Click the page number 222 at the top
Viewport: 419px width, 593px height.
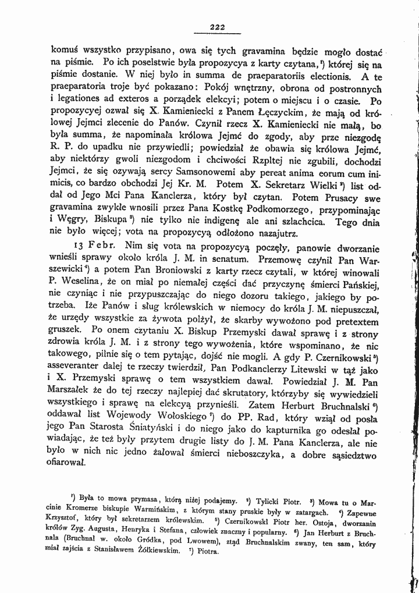[x=217, y=26]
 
